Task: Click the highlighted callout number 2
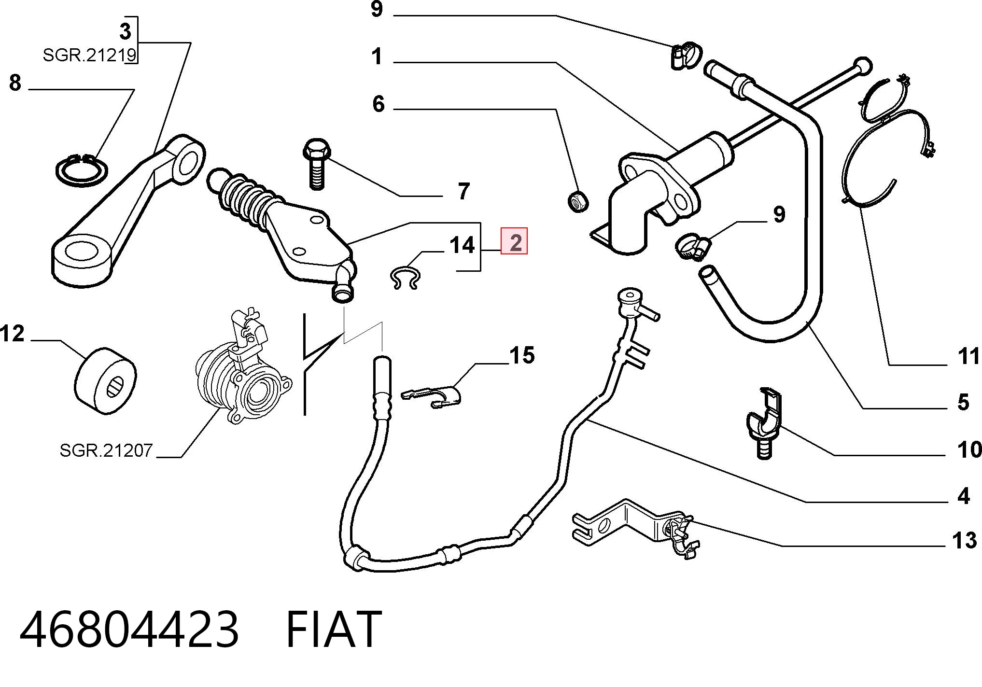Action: tap(515, 242)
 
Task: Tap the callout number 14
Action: tap(462, 245)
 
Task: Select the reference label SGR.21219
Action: tap(90, 56)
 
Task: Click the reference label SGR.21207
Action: tap(106, 450)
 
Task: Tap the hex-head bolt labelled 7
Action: tap(316, 164)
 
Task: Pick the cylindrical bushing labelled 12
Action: tap(106, 380)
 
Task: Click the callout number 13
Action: tap(964, 540)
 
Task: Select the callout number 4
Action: tap(964, 496)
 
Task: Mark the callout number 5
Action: tap(964, 402)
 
